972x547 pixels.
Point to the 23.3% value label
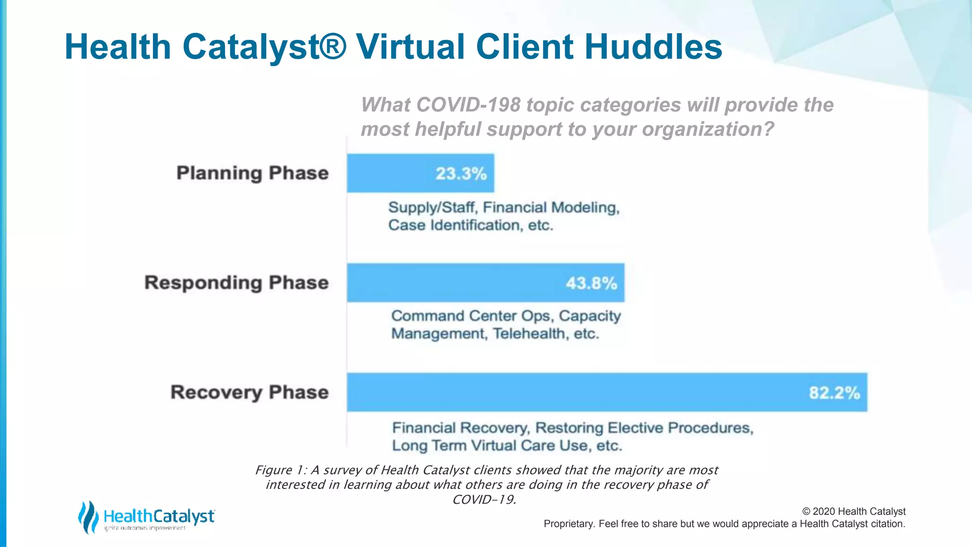461,173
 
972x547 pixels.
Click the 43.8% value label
591,283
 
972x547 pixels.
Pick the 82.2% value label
834,393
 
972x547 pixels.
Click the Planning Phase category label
252,173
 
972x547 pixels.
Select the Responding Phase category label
236,283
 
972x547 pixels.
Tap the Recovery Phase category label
250,393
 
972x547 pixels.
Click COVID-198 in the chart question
468,105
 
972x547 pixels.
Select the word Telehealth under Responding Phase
530,334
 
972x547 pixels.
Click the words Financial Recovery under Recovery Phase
460,428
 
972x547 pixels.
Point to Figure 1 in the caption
280,470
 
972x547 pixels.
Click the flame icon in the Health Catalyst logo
88,517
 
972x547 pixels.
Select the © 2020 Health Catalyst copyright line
853,511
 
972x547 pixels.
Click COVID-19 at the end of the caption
484,500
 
